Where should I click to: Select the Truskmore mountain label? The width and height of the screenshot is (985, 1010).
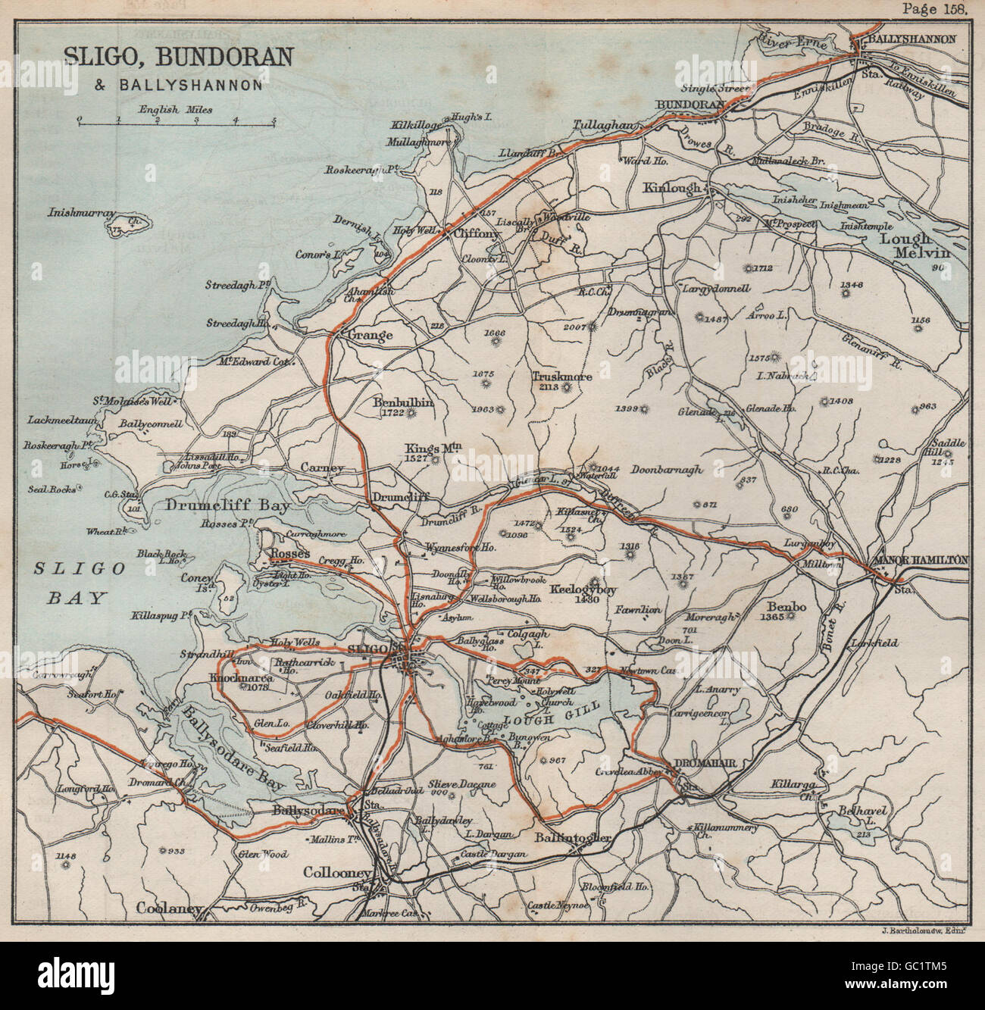click(562, 376)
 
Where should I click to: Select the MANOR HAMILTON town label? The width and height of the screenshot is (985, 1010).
click(921, 560)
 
